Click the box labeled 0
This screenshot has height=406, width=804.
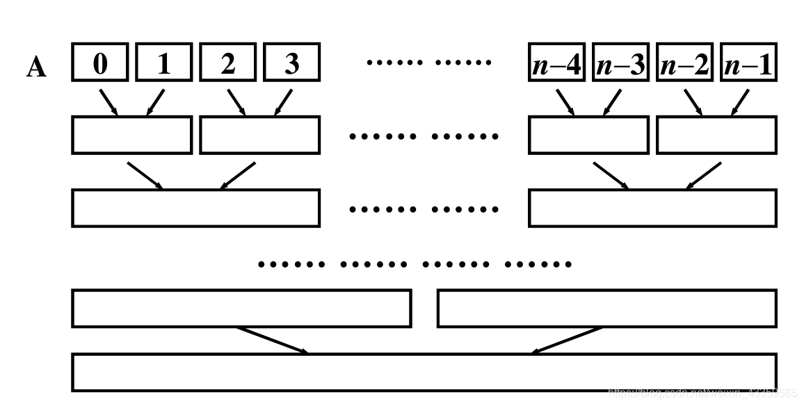tap(101, 64)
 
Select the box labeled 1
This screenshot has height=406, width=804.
tap(164, 64)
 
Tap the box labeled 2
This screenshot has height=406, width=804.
tap(228, 64)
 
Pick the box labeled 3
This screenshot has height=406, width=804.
tap(292, 64)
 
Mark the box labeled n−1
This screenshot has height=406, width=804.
tap(748, 64)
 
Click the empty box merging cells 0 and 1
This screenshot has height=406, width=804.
tap(131, 135)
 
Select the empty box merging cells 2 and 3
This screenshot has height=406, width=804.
tap(259, 135)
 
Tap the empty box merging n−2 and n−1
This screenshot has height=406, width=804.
tap(716, 135)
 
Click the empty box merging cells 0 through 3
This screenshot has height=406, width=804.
tap(195, 208)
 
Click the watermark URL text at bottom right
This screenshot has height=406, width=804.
tap(702, 393)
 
